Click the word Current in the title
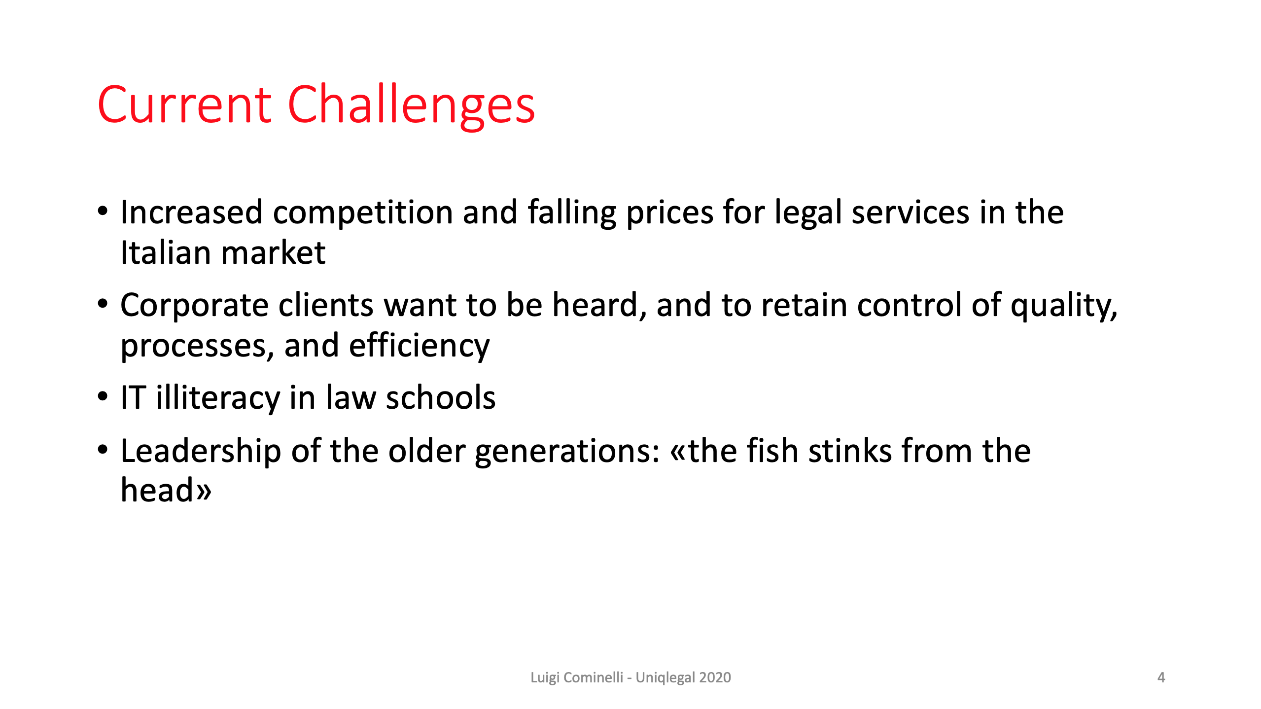point(184,105)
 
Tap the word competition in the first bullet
point(363,213)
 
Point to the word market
point(274,253)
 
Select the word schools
point(441,397)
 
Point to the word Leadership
point(201,452)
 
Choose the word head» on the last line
point(166,490)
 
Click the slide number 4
point(1161,677)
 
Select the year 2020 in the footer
point(715,677)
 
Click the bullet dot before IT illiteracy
point(103,396)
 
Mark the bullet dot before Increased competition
point(103,212)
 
